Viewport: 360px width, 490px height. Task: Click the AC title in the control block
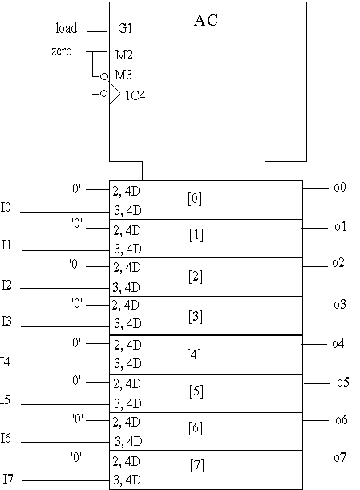pos(206,20)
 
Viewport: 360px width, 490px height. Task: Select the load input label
pos(67,28)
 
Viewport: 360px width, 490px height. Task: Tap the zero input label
pos(62,51)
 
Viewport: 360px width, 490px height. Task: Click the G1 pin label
pos(125,28)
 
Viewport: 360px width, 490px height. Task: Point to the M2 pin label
pos(124,55)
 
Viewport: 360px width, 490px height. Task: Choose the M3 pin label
pos(123,75)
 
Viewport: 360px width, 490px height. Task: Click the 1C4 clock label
pos(136,95)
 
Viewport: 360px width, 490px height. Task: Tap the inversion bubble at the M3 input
pos(104,76)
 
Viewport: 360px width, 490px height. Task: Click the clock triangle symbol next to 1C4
pos(115,94)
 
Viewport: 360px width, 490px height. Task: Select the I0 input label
pos(6,207)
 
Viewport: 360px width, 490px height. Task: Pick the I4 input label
pos(5,362)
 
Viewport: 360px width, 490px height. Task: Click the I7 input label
pos(9,479)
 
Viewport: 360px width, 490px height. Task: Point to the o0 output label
pos(340,187)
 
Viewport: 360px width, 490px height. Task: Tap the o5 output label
pos(343,382)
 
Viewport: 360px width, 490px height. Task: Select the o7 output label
pos(340,457)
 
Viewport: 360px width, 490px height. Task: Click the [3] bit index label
pos(196,317)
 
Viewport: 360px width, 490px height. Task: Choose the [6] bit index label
pos(196,427)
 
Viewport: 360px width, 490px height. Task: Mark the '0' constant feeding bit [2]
pos(75,264)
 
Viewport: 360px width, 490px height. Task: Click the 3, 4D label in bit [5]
pos(127,403)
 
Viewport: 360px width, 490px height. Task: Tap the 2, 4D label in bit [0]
pos(126,191)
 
